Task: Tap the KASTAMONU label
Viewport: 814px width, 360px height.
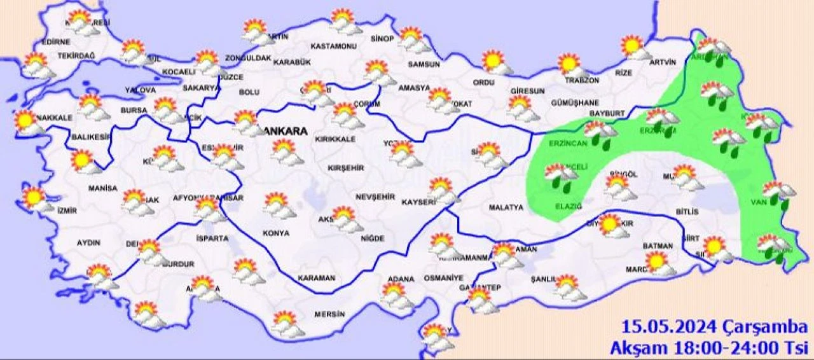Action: click(x=333, y=46)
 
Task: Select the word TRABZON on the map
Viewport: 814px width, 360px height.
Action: click(x=583, y=81)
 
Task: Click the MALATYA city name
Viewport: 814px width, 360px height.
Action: click(x=506, y=207)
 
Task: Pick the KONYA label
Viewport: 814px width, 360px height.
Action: click(x=276, y=233)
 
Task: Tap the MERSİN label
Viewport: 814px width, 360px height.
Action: click(x=329, y=314)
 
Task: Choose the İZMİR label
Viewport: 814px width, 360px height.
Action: click(x=67, y=211)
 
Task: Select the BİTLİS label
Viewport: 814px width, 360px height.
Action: click(x=687, y=211)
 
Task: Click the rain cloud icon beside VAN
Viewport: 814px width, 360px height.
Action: click(x=778, y=194)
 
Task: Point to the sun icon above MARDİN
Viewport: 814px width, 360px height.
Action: click(x=659, y=261)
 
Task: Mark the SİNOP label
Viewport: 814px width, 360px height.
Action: click(x=383, y=39)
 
